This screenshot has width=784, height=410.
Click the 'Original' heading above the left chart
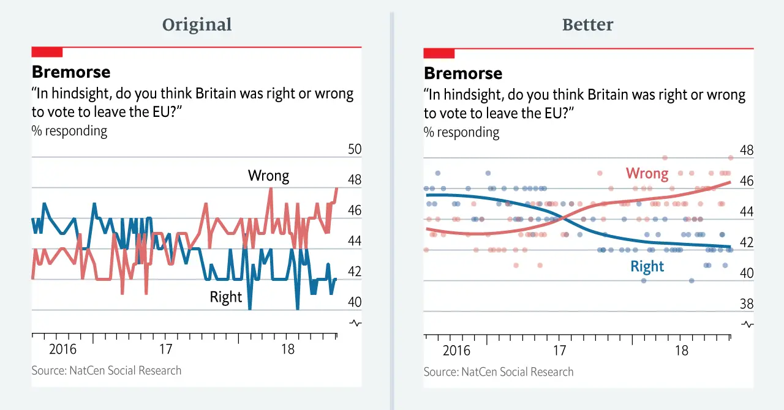197,24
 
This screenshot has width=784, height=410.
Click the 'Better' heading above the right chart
587,24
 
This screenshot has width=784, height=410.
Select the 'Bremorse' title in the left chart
71,72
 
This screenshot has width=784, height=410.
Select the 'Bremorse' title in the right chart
463,73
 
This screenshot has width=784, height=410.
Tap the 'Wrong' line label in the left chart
268,176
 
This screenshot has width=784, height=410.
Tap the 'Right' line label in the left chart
226,297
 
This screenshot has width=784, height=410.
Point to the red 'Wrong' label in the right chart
647,174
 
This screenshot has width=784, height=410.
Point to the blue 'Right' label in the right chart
647,266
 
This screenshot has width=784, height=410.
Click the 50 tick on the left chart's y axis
354,150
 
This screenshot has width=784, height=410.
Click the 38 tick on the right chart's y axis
746,304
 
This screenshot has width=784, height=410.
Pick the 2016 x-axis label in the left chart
63,349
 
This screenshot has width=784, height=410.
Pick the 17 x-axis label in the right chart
559,351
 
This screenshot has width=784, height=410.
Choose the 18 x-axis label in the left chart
287,349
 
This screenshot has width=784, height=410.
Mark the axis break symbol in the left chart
355,322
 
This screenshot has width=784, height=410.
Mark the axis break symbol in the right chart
747,324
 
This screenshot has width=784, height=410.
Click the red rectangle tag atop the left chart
47,52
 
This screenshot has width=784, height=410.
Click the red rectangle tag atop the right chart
439,53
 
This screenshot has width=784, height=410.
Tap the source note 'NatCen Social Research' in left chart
107,370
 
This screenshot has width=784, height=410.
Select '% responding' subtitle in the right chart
461,132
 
